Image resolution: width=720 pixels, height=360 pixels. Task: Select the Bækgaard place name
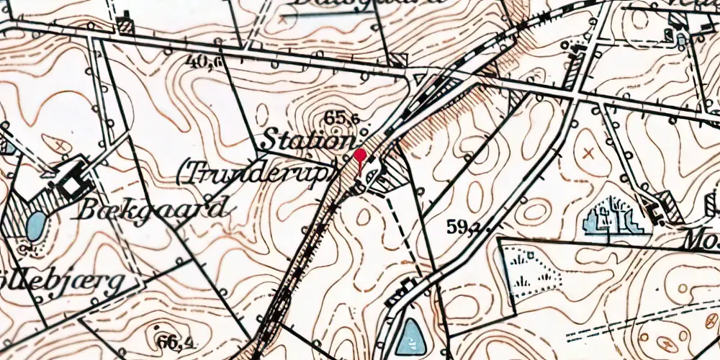154,210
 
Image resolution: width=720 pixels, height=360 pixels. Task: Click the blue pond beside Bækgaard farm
34,227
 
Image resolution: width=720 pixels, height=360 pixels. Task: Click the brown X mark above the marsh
590,153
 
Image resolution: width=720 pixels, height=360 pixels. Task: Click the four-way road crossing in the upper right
575,94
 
